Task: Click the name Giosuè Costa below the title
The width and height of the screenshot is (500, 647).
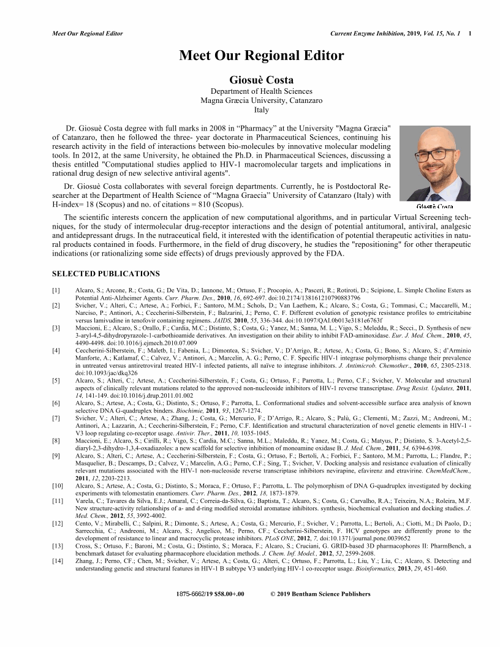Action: click(262, 80)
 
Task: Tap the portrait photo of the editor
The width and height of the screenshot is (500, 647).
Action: click(434, 162)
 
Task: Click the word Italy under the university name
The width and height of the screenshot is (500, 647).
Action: click(262, 110)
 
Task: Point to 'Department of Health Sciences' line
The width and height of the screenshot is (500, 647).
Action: click(262, 91)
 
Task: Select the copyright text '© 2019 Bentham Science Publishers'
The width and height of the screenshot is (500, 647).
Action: click(320, 594)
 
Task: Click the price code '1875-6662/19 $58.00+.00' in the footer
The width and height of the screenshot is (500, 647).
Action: click(210, 594)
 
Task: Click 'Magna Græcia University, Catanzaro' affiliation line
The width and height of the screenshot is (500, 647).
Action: click(262, 100)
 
